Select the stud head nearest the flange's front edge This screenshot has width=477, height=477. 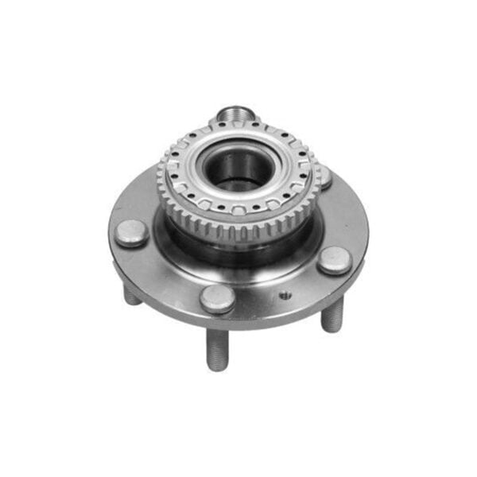[217, 298]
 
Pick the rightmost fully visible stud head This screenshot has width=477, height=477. [333, 259]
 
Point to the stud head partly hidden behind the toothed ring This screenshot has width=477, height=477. [324, 176]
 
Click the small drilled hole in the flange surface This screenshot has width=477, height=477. [284, 296]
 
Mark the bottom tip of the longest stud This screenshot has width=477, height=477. [217, 367]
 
